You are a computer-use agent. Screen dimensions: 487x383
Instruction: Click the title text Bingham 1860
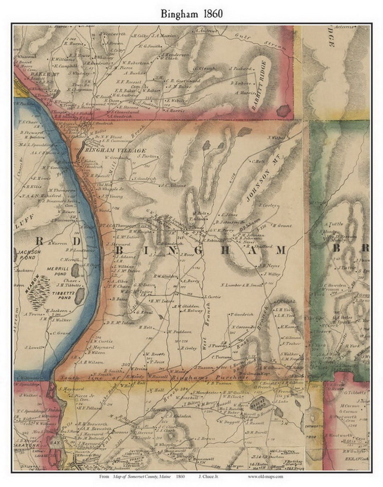(191, 14)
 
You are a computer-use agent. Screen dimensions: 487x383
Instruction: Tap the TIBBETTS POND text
(62, 296)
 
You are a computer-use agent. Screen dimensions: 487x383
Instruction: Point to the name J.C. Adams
(173, 185)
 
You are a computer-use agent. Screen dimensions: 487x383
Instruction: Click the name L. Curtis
(212, 297)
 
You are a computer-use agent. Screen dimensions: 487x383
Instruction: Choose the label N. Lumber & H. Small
(242, 285)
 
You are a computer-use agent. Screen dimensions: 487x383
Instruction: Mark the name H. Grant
(282, 225)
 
